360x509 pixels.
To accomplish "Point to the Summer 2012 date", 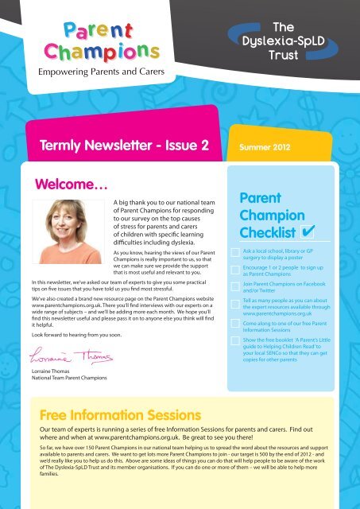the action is coord(254,146).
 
